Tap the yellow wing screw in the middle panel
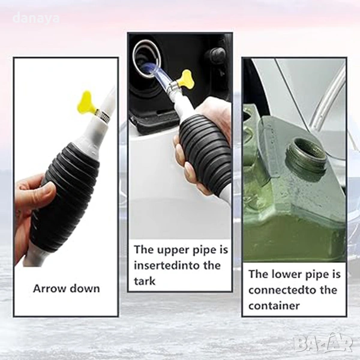click(x=187, y=79)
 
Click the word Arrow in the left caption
click(x=49, y=289)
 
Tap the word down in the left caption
click(x=85, y=289)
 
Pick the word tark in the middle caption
click(x=145, y=281)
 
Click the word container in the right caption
click(x=274, y=306)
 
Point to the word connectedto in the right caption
click(x=283, y=290)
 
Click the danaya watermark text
click(x=36, y=19)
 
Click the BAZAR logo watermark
click(x=323, y=343)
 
